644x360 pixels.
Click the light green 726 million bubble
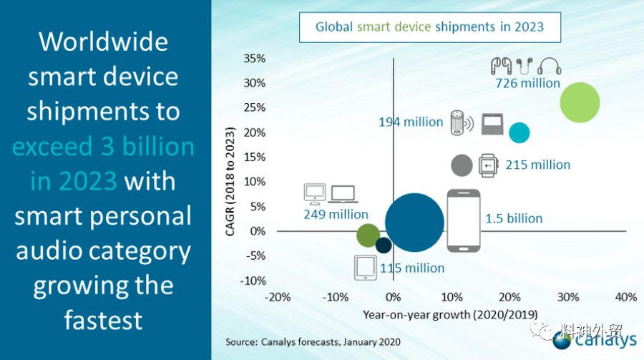click(x=580, y=103)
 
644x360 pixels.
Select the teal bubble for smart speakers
click(x=519, y=132)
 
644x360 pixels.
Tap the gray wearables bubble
click(x=462, y=165)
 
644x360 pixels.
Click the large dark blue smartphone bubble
click(x=414, y=223)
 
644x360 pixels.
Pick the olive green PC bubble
click(x=368, y=235)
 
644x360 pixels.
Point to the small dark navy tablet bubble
click(x=384, y=245)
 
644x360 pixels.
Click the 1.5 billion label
click(x=514, y=218)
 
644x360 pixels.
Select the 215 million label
click(x=537, y=165)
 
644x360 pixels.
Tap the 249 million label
click(x=336, y=214)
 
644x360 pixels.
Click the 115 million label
click(x=412, y=268)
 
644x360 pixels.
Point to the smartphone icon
click(x=463, y=220)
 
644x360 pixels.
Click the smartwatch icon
click(x=488, y=165)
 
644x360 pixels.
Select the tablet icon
click(x=366, y=268)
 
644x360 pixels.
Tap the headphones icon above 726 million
click(x=549, y=66)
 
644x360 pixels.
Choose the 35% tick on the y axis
click(x=254, y=59)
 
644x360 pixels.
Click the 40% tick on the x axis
click(x=626, y=297)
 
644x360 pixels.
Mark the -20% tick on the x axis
click(x=277, y=297)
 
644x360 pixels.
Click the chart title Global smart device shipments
click(x=429, y=27)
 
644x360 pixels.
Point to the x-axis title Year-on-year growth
click(x=450, y=315)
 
